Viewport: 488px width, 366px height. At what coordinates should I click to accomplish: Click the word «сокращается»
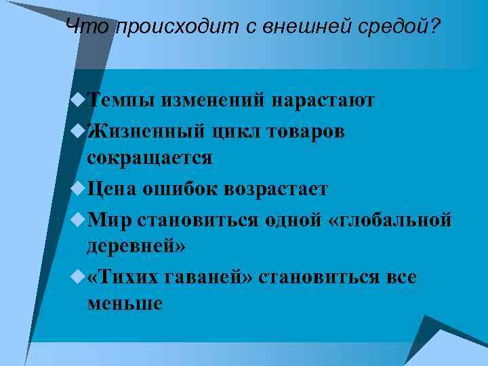pos(150,159)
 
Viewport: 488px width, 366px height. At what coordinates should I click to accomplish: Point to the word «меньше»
pos(125,304)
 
